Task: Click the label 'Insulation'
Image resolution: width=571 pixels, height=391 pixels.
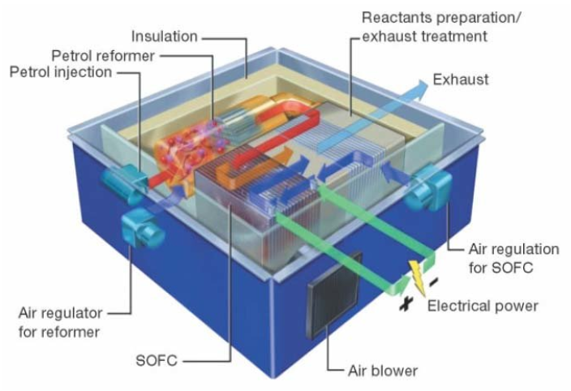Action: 164,37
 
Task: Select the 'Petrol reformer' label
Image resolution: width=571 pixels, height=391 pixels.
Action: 103,56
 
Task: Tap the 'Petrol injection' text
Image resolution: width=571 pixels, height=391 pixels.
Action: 61,72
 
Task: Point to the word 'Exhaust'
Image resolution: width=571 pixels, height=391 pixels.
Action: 461,79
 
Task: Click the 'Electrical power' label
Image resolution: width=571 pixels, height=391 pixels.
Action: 483,306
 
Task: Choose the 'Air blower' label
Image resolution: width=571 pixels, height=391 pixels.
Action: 383,371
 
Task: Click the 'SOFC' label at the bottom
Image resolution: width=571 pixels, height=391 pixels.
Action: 157,360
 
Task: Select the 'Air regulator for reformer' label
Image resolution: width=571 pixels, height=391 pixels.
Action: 61,322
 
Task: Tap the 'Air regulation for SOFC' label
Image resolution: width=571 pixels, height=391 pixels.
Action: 513,258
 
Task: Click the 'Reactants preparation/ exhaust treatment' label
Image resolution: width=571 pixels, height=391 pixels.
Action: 441,27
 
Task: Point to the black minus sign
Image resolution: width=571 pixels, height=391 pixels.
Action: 433,281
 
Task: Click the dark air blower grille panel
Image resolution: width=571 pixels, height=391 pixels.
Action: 335,295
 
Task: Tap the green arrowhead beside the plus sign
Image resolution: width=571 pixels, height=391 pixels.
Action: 399,285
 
